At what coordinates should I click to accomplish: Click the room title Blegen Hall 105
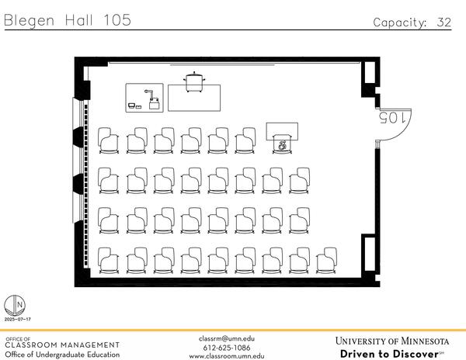(x=68, y=20)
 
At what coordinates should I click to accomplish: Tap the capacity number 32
(x=444, y=22)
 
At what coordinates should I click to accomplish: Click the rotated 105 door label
(x=392, y=117)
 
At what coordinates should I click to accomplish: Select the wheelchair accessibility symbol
(x=282, y=145)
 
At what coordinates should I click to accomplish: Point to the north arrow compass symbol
(x=15, y=306)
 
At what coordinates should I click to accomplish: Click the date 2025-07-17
(x=18, y=320)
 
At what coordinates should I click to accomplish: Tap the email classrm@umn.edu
(x=227, y=338)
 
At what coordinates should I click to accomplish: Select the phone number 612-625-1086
(x=227, y=348)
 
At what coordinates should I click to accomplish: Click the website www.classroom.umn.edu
(x=227, y=356)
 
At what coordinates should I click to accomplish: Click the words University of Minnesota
(x=392, y=341)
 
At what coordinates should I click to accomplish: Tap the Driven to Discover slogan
(x=390, y=354)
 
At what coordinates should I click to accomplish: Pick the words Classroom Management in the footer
(x=62, y=344)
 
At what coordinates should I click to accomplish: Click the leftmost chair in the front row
(x=109, y=140)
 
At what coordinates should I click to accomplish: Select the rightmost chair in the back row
(x=326, y=260)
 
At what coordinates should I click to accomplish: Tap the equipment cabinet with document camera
(x=144, y=98)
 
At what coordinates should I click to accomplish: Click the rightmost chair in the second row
(x=299, y=181)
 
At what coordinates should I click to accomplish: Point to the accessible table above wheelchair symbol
(x=282, y=131)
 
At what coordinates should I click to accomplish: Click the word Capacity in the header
(x=400, y=22)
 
